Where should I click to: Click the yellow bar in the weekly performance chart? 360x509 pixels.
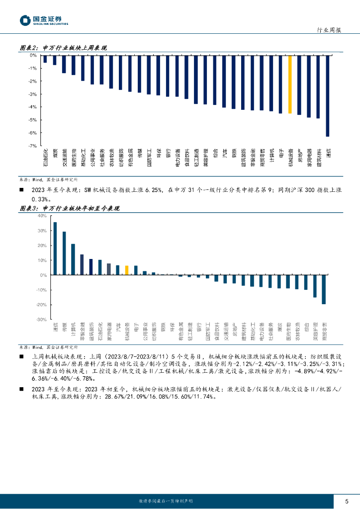pos(290,84)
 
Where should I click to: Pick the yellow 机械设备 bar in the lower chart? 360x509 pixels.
pos(127,270)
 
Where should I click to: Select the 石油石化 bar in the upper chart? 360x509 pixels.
pos(45,59)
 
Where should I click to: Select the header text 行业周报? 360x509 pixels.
pos(329,30)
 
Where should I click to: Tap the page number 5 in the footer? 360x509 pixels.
pos(347,500)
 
